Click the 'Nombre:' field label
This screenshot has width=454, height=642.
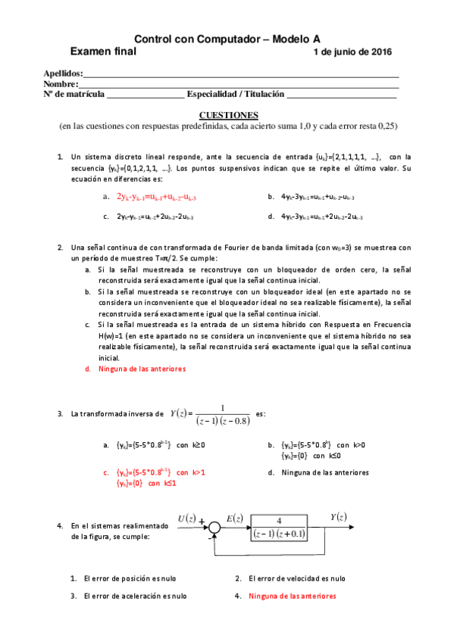[61, 84]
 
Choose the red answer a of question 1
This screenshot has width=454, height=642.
[156, 197]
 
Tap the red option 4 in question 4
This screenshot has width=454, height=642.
[292, 596]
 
